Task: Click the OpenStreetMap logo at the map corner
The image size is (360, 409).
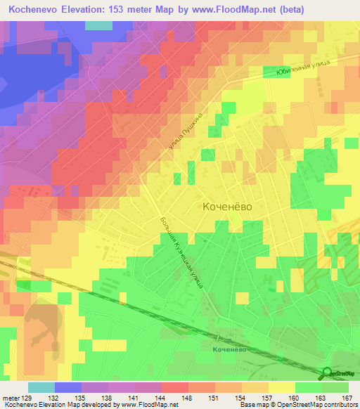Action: [x=340, y=375]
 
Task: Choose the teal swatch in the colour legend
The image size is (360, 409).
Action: [x=41, y=387]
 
